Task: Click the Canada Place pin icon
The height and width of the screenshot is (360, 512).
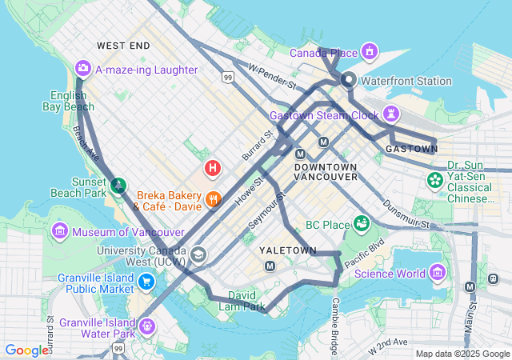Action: pos(369,53)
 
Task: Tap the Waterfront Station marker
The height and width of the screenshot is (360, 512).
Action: pos(349,80)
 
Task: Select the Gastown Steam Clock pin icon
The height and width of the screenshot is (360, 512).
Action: pos(391,114)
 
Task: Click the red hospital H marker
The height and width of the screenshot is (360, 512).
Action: pos(213,168)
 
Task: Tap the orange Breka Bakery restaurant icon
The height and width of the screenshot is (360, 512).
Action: pos(213,199)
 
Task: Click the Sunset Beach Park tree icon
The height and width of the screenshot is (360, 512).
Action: pos(118,186)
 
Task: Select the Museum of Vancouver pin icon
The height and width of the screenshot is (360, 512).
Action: pos(60,232)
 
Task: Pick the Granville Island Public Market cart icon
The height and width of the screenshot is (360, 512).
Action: pos(146,282)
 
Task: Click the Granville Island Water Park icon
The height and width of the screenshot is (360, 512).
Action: pos(146,326)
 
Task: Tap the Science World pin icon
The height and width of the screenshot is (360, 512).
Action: pos(438,274)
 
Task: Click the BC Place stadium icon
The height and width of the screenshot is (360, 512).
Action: pos(361,222)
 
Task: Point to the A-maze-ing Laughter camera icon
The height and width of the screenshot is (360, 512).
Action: pos(82,69)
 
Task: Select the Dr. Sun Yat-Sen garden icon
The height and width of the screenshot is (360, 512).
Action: pos(435,180)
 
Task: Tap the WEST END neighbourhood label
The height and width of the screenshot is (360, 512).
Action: pos(122,46)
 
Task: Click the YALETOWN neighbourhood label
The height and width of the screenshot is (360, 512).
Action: pos(288,250)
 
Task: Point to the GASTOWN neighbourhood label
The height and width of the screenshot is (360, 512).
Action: pos(410,149)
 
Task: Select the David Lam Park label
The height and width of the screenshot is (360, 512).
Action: pos(246,301)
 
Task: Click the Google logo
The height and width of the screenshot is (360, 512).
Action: pos(26,350)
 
